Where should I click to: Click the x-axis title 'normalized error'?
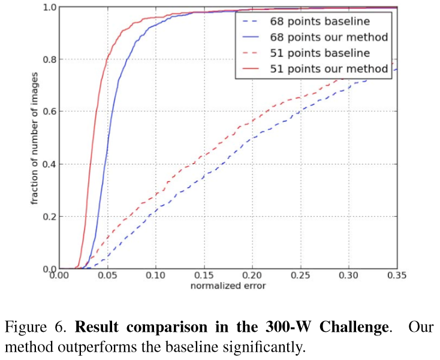(228, 286)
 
